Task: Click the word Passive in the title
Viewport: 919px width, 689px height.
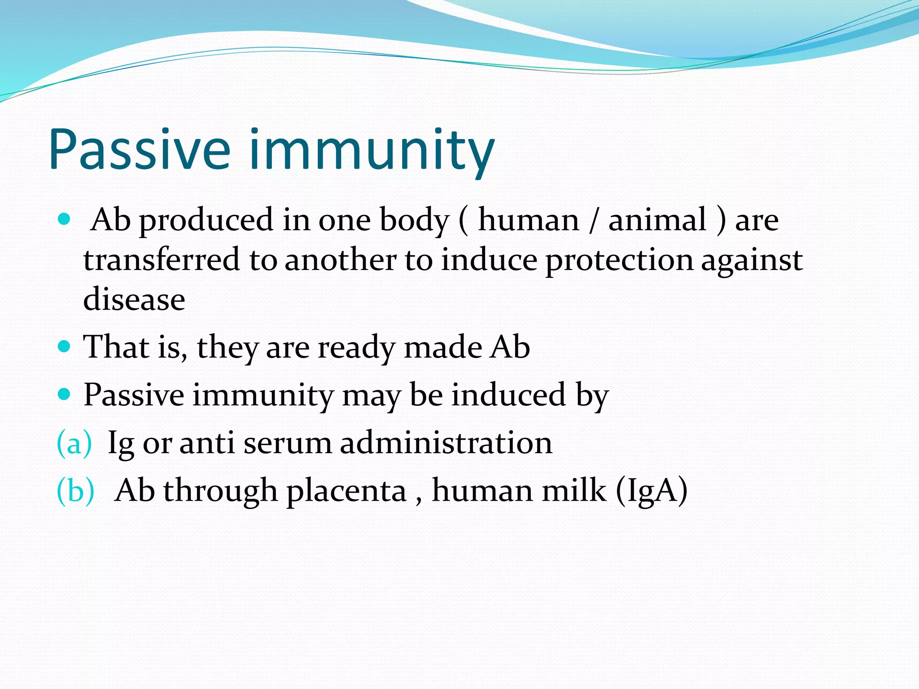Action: (x=139, y=150)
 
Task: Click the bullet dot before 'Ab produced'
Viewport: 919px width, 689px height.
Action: (x=65, y=219)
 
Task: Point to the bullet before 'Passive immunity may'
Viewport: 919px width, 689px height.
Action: (x=65, y=394)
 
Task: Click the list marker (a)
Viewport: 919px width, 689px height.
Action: (x=74, y=443)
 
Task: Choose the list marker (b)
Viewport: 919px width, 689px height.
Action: (x=75, y=490)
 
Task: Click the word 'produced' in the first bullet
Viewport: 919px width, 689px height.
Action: (x=206, y=221)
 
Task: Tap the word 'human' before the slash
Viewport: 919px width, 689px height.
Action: (x=529, y=221)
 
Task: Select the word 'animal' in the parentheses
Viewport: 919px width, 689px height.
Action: (x=657, y=221)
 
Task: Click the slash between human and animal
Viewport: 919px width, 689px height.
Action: (x=594, y=221)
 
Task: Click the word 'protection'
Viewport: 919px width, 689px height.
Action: (x=619, y=261)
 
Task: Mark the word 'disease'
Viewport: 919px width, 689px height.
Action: (x=134, y=300)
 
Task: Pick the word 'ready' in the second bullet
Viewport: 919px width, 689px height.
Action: (x=356, y=348)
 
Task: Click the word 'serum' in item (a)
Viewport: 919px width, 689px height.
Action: (x=287, y=443)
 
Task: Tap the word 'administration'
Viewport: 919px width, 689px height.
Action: (x=446, y=443)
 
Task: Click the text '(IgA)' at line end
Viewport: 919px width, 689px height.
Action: (x=652, y=491)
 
